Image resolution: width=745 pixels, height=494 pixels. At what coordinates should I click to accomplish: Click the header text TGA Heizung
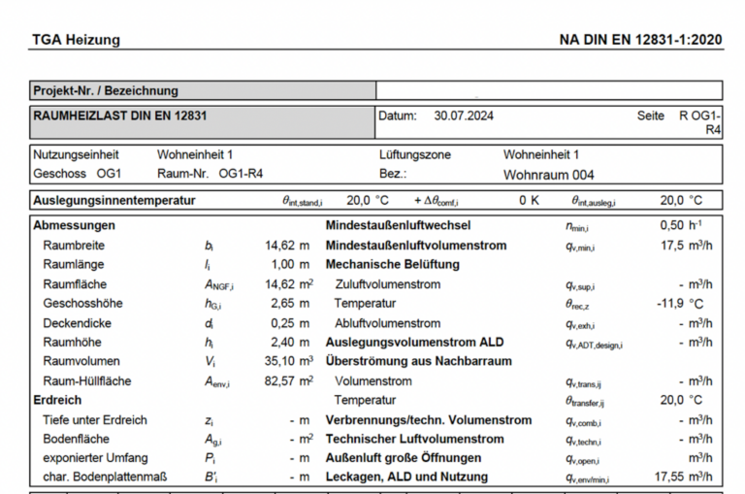point(76,40)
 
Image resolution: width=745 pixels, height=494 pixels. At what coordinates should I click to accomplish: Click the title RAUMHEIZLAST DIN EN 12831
point(119,115)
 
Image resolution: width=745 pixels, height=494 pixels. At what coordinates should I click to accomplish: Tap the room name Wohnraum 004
point(548,175)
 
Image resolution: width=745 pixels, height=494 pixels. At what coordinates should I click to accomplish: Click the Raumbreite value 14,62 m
point(288,246)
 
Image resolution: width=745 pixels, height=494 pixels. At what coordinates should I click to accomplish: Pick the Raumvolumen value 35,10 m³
point(288,361)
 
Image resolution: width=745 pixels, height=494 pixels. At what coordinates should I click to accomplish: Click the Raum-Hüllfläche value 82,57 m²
point(288,380)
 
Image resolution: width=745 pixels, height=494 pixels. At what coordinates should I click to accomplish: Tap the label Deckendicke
point(78,322)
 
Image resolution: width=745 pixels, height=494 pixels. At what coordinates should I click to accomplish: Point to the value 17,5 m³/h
point(686,246)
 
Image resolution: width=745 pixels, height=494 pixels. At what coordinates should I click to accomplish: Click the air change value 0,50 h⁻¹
point(680,226)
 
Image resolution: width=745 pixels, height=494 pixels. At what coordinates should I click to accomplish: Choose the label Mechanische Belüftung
point(392,264)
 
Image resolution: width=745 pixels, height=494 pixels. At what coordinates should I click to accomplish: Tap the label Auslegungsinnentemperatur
point(114,201)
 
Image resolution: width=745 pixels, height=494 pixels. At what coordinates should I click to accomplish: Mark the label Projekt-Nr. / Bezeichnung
point(106,90)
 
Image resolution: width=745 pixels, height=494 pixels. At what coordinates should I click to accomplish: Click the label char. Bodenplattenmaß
point(105,477)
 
